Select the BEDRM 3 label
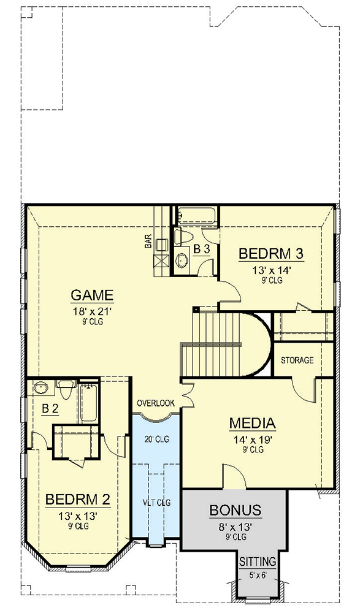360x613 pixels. pyautogui.click(x=271, y=254)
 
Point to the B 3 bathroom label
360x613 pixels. pyautogui.click(x=202, y=249)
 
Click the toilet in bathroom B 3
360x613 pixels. pyautogui.click(x=184, y=236)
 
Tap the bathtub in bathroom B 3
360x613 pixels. pyautogui.click(x=196, y=216)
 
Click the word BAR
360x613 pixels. pyautogui.click(x=148, y=243)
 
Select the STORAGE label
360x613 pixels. pyautogui.click(x=297, y=360)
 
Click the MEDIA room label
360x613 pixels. pyautogui.click(x=252, y=423)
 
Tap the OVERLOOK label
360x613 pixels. pyautogui.click(x=156, y=403)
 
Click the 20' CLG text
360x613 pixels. pyautogui.click(x=156, y=439)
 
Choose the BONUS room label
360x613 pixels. pyautogui.click(x=236, y=510)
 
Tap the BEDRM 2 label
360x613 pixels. pyautogui.click(x=78, y=500)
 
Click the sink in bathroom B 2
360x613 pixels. pyautogui.click(x=41, y=387)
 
